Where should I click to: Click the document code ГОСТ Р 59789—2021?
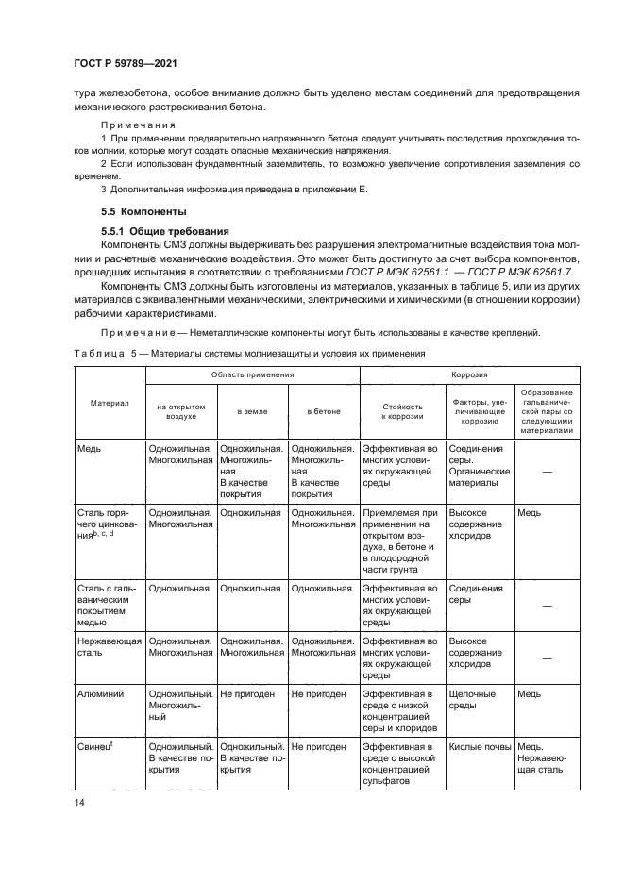pyautogui.click(x=126, y=63)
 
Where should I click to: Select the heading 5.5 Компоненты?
pyautogui.click(x=144, y=210)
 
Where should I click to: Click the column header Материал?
pyautogui.click(x=109, y=402)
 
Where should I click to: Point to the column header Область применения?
pyautogui.click(x=252, y=374)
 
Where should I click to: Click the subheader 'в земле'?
pyautogui.click(x=252, y=411)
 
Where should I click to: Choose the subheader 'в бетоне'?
pyautogui.click(x=323, y=411)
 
